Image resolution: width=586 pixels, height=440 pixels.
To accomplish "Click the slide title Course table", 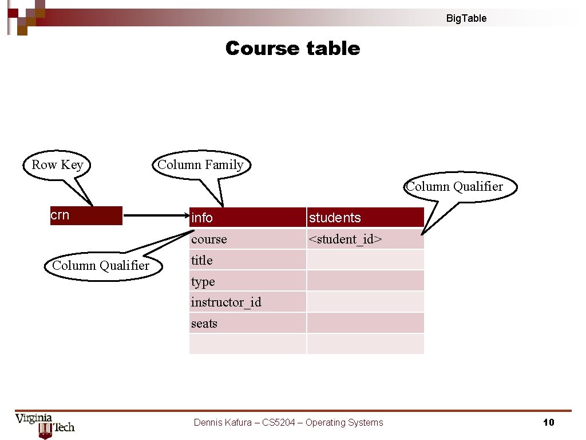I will [292, 48].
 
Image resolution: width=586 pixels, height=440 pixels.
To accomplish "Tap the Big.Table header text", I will [466, 18].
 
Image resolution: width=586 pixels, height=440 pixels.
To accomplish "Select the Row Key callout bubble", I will [57, 165].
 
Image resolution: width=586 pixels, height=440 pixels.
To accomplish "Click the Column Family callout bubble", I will [200, 165].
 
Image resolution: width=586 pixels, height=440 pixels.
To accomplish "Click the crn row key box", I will [86, 215].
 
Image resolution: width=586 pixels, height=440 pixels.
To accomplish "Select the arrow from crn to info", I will [156, 216].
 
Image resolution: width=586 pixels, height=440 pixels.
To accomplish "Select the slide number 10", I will [548, 423].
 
